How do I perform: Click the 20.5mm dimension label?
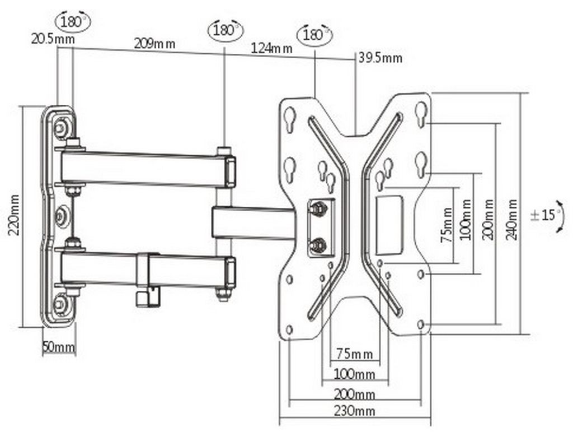[x=53, y=39]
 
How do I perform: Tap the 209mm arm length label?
[x=154, y=44]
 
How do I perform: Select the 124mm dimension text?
[x=271, y=48]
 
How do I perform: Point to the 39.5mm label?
[x=380, y=58]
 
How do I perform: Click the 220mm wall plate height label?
[x=14, y=216]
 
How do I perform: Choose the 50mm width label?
[x=59, y=347]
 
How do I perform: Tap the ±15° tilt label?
[x=543, y=215]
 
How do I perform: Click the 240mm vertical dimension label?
[x=511, y=220]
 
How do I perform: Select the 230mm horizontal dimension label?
[x=354, y=411]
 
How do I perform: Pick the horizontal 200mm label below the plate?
[x=354, y=394]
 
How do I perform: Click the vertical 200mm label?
[x=489, y=220]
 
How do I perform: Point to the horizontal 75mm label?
[x=354, y=354]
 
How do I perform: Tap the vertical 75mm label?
[x=447, y=225]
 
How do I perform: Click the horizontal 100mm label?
[x=354, y=374]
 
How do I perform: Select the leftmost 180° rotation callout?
[x=73, y=22]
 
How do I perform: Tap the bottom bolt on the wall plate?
[x=60, y=303]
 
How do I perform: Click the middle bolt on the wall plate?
[x=60, y=216]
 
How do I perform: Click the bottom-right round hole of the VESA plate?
[x=421, y=325]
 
